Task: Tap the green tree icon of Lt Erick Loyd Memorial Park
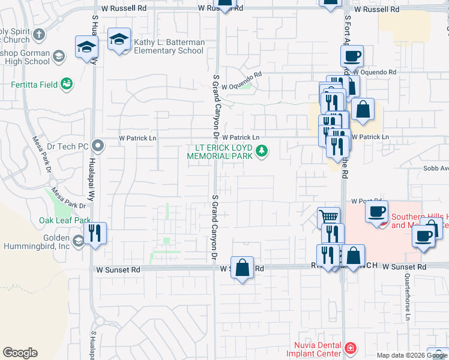point(261,151)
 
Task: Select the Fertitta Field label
point(37,85)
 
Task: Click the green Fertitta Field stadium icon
point(67,85)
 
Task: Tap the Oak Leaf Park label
point(64,220)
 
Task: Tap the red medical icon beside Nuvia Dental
point(350,347)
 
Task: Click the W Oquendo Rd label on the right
point(375,72)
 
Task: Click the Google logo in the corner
point(20,353)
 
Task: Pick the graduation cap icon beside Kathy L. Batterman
point(119,40)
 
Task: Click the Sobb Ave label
point(435,169)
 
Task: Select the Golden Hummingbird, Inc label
point(35,241)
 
